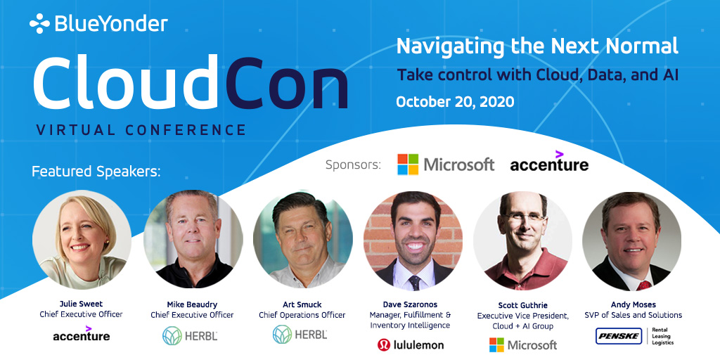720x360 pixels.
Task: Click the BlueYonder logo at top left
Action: click(98, 24)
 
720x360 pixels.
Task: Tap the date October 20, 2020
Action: click(455, 101)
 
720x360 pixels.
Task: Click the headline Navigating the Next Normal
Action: click(537, 46)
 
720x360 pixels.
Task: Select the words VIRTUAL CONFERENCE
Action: click(141, 130)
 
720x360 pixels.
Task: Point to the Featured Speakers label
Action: click(96, 172)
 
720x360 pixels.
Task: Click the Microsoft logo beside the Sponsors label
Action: click(446, 164)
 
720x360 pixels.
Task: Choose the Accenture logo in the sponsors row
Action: click(549, 164)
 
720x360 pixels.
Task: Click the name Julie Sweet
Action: click(81, 304)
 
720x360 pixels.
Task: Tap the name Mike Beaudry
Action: click(192, 304)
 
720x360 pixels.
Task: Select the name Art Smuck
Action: click(302, 304)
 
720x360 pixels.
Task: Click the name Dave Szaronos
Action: click(413, 304)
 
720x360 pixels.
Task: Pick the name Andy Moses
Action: click(632, 304)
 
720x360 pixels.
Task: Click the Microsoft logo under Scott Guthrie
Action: click(523, 345)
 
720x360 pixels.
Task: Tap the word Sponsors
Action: click(352, 165)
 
